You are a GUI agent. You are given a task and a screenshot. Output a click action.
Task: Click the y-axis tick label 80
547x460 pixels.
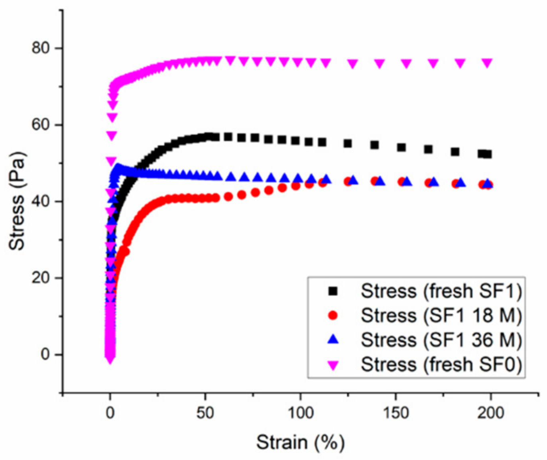pos(40,48)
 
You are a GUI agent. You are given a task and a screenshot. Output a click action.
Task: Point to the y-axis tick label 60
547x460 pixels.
pos(40,125)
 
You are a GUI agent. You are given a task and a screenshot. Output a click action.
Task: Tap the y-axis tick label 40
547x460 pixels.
pos(40,201)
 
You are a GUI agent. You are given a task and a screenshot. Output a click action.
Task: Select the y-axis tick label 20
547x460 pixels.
pos(40,278)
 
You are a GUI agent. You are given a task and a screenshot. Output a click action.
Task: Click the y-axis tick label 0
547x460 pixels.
pos(45,354)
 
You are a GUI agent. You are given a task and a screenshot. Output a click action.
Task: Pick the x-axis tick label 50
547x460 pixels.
pos(205,413)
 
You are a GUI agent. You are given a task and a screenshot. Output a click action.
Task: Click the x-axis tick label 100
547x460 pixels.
pos(300,413)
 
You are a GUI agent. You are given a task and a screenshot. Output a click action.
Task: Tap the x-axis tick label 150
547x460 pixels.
pos(395,413)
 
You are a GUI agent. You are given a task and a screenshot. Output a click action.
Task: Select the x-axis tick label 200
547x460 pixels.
pos(491,413)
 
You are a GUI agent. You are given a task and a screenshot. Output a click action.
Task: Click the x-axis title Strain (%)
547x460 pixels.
pos(300,442)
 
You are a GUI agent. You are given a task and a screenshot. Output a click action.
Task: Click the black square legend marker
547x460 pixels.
pos(333,291)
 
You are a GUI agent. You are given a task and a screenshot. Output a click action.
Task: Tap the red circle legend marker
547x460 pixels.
pos(333,316)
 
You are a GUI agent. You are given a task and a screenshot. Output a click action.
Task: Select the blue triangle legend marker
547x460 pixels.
pos(333,340)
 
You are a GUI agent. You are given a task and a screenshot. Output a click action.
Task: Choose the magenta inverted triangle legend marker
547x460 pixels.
pos(333,365)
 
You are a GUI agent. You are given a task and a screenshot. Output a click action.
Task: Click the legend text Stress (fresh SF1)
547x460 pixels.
pos(441,291)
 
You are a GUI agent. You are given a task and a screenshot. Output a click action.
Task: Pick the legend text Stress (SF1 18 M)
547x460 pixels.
pos(441,316)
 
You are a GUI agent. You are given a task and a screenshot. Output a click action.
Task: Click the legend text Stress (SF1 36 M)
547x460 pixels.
pos(441,340)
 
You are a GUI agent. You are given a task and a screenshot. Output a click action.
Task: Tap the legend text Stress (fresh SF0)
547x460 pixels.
pos(441,364)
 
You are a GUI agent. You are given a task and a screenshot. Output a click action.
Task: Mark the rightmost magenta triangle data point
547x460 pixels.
pos(487,63)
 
